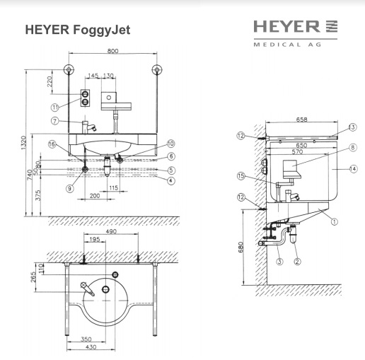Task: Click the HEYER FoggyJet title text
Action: click(x=77, y=30)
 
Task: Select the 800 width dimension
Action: click(x=112, y=52)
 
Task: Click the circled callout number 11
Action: click(x=54, y=107)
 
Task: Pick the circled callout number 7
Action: click(x=54, y=121)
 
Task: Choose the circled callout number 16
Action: click(x=51, y=144)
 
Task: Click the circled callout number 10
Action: click(x=170, y=144)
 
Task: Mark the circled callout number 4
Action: click(x=170, y=181)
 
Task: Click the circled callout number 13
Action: click(x=352, y=127)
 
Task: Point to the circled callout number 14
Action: click(x=352, y=168)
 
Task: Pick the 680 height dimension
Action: click(x=241, y=247)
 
